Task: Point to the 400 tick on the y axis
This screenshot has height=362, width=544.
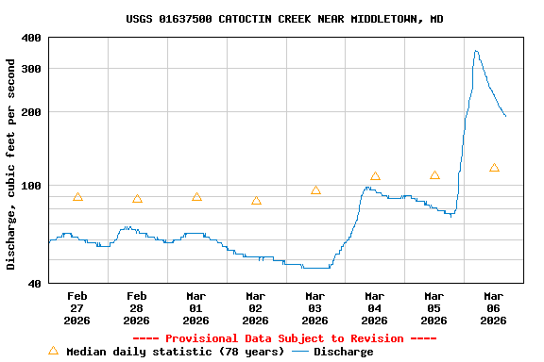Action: coord(31,38)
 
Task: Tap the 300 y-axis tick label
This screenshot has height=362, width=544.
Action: coord(31,69)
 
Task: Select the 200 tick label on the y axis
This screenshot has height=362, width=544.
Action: coord(31,112)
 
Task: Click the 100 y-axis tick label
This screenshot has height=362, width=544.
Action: coord(31,186)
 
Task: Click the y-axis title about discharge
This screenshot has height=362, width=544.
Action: coord(11,164)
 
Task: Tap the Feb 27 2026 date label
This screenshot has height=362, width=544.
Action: coord(77,307)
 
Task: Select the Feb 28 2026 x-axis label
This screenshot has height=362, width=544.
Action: coord(137,307)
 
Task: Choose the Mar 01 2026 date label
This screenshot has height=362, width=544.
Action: coord(196,307)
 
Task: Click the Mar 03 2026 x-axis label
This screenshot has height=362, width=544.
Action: coord(315,307)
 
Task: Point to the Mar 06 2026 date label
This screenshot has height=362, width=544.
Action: coord(494,307)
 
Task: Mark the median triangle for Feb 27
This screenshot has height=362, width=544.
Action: coord(77,197)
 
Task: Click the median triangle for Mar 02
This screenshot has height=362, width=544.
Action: coord(256,201)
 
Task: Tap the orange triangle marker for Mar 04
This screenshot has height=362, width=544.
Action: coord(375,176)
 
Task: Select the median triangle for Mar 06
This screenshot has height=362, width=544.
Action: coord(494,168)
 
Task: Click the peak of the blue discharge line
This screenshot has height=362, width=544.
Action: coord(476,51)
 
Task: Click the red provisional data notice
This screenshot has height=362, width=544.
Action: coord(284,338)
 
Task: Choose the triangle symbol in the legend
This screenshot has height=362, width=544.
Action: coord(53,351)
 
